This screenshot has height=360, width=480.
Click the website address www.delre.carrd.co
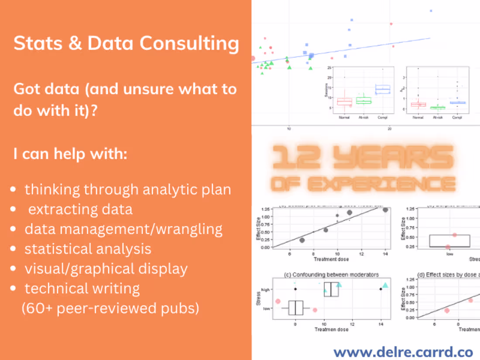point(403,352)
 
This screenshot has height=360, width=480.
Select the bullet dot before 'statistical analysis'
point(14,249)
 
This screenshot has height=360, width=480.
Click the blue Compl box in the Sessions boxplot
point(383,89)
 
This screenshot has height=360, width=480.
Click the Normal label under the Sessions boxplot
point(344,117)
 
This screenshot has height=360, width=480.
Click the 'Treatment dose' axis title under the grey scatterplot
point(331,259)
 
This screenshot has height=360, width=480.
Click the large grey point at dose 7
point(302,240)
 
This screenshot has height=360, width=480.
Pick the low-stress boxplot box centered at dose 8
point(296,308)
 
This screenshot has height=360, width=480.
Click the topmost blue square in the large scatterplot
point(431,11)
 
